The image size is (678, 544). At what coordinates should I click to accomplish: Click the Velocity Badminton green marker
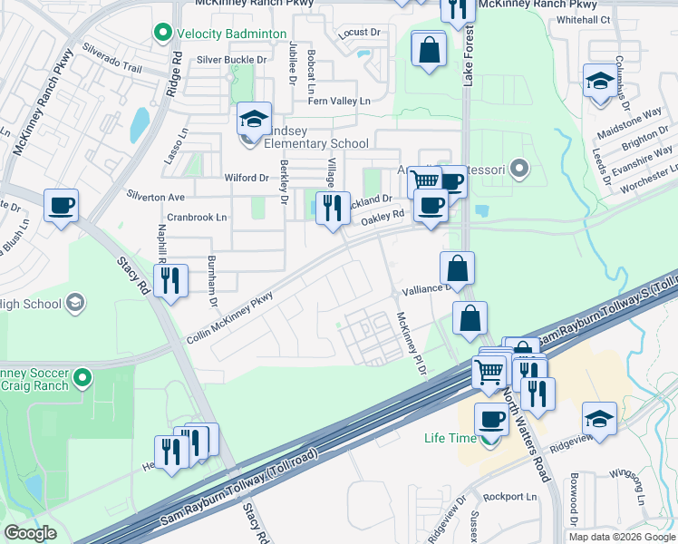tap(163, 34)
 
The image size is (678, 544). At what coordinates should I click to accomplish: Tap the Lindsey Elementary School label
tap(315, 143)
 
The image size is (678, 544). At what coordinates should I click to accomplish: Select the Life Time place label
tap(450, 438)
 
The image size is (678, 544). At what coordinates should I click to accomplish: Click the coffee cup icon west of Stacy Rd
tap(61, 205)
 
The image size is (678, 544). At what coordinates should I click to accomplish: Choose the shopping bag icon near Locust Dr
tap(429, 49)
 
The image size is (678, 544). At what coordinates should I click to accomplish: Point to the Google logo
tap(31, 533)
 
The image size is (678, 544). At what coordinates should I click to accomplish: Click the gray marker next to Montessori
tap(518, 168)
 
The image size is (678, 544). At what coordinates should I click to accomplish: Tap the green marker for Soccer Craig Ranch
tap(83, 375)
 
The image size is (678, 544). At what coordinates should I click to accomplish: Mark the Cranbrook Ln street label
tap(197, 218)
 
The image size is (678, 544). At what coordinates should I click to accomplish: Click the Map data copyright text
tap(621, 536)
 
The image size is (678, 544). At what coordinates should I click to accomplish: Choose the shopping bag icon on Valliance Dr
tap(458, 268)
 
